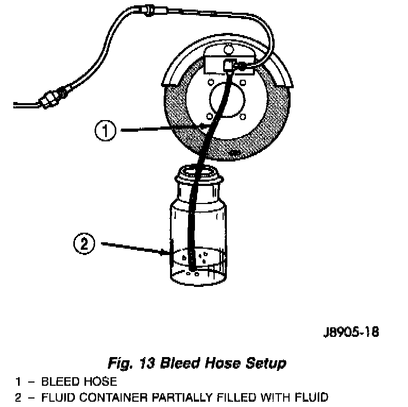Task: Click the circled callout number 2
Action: [x=84, y=245]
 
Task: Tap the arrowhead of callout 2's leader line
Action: [x=168, y=253]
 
